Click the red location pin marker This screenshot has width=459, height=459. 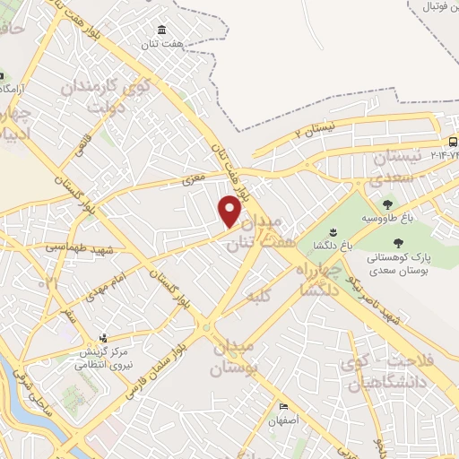point(229,210)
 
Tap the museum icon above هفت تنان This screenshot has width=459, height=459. point(160,30)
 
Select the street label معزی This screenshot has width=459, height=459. point(194,179)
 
